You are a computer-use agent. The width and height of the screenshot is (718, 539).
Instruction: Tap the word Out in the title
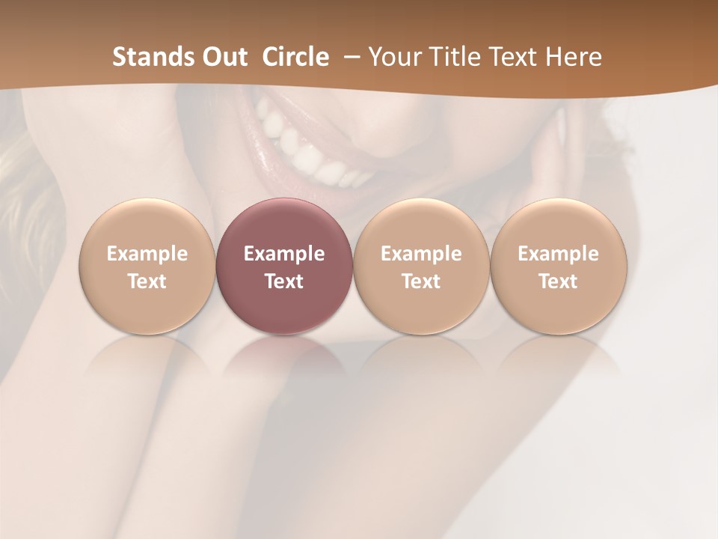(225, 57)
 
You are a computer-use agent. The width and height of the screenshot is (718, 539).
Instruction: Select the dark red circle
(283, 266)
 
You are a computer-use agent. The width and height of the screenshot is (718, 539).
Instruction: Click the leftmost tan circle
(147, 266)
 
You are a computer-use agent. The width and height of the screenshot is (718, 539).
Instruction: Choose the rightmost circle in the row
(558, 266)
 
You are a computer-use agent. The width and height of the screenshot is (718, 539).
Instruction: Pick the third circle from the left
(421, 266)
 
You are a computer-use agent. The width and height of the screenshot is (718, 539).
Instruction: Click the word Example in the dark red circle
(283, 254)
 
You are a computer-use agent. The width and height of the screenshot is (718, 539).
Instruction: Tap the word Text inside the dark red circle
(283, 281)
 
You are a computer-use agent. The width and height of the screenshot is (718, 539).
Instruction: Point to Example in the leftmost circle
(147, 254)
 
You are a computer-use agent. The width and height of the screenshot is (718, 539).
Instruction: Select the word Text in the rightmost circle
(558, 281)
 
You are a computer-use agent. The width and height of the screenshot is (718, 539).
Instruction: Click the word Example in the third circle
(421, 254)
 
